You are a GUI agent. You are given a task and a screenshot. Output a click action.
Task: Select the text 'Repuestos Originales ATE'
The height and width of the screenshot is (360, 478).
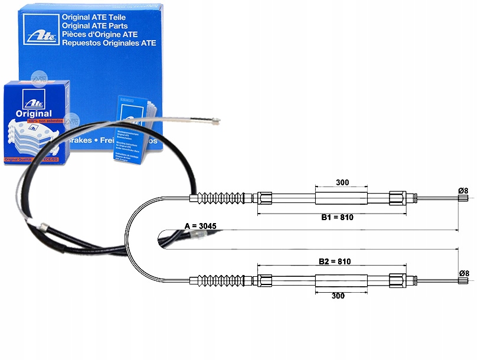[110, 42]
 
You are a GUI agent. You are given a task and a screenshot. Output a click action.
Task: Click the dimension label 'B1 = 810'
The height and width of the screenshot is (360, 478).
[338, 217]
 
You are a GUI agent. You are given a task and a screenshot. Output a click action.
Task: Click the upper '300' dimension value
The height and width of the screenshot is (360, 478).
[342, 182]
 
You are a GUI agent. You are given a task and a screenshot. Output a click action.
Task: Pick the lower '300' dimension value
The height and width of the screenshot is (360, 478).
[338, 296]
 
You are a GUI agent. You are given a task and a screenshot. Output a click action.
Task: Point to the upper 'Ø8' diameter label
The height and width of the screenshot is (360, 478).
[463, 190]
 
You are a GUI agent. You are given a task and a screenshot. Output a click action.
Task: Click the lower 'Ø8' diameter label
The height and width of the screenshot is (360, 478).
[463, 273]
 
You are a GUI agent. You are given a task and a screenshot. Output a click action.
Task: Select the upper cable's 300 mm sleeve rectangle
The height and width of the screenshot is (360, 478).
[342, 197]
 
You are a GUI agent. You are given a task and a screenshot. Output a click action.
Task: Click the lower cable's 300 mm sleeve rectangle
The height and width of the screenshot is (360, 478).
[342, 279]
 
